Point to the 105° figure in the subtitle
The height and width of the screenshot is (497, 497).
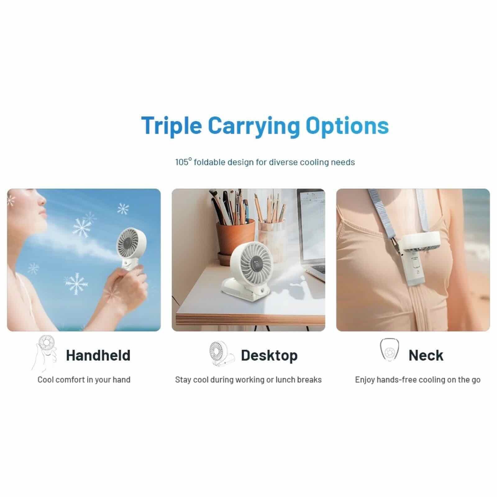click(183, 162)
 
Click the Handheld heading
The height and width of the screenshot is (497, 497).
click(98, 355)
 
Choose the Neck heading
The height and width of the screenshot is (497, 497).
click(426, 355)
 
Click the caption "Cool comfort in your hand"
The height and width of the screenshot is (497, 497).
click(84, 380)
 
